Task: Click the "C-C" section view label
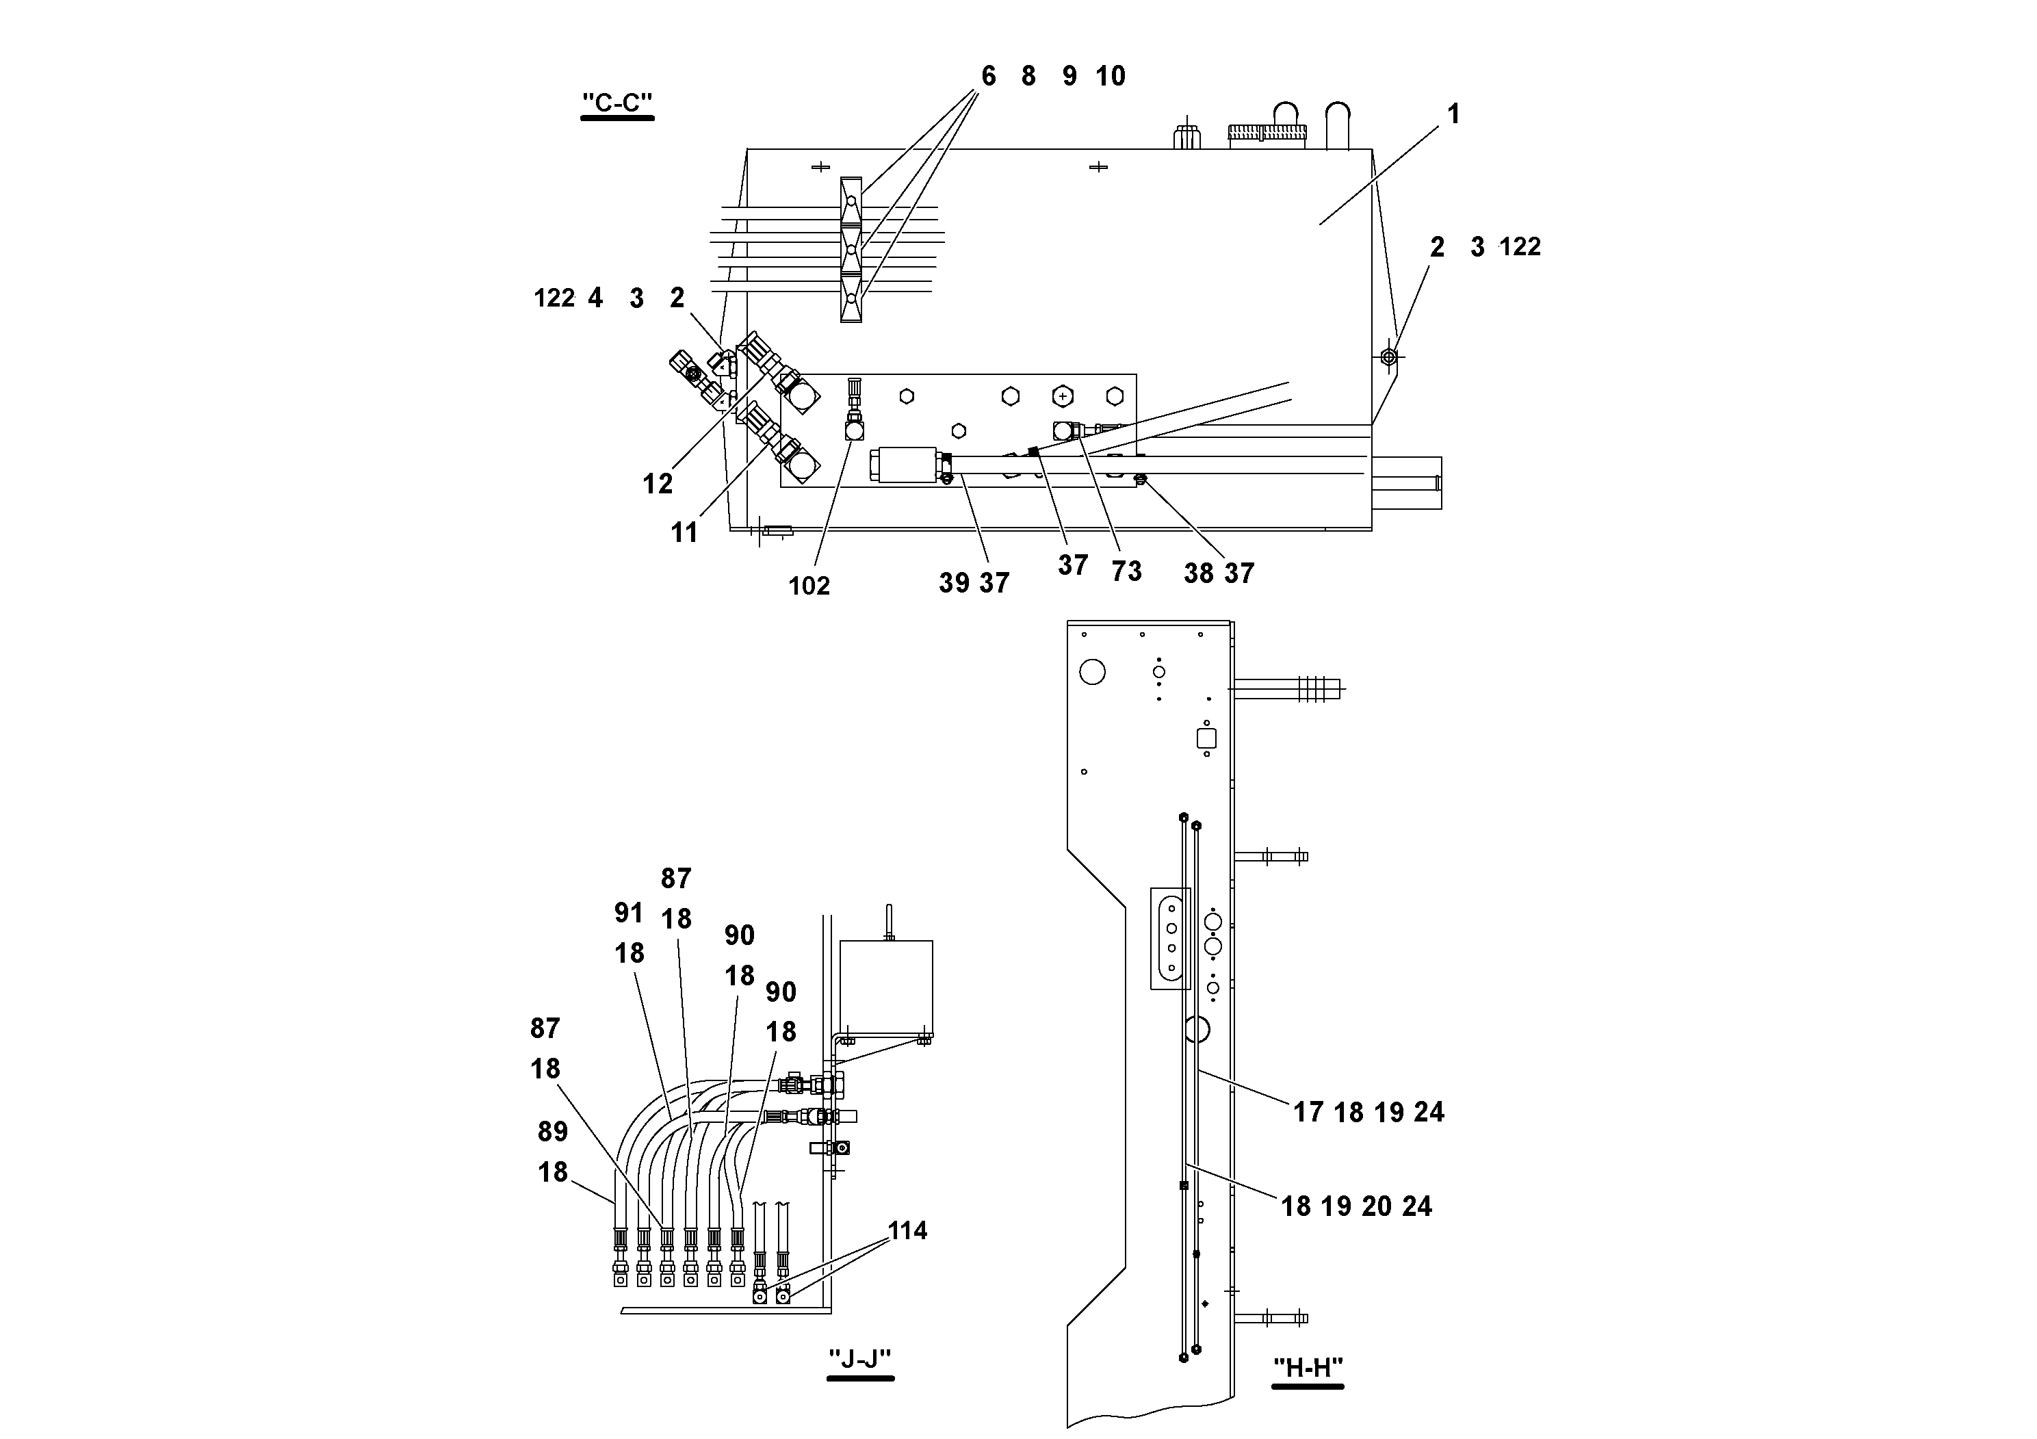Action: [x=617, y=103]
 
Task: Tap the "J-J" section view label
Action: [x=859, y=1359]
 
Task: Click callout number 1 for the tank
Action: [x=1453, y=114]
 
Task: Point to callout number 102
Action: [x=809, y=586]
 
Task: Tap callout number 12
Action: [x=658, y=484]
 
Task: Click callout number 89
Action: [x=553, y=1131]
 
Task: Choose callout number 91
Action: [x=628, y=912]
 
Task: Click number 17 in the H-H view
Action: [x=1308, y=1113]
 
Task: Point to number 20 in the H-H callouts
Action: [x=1376, y=1206]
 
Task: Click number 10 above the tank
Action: [x=1110, y=77]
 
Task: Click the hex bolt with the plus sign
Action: [x=1062, y=396]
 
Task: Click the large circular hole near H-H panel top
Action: [x=1092, y=671]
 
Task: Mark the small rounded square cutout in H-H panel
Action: [x=1206, y=738]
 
